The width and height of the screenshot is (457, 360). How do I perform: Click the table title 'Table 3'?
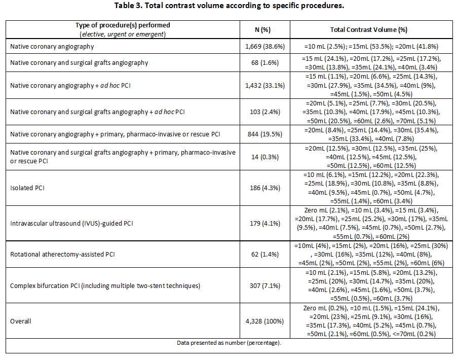tap(128, 6)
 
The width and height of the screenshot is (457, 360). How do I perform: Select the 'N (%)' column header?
tap(262, 30)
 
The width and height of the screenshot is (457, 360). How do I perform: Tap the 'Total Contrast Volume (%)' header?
tap(369, 30)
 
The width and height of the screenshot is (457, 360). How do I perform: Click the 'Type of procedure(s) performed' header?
tap(123, 25)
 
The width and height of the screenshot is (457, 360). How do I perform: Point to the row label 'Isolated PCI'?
tap(27, 188)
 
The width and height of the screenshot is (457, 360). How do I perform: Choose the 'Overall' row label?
tap(20, 321)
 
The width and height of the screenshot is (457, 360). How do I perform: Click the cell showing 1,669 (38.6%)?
tap(265, 46)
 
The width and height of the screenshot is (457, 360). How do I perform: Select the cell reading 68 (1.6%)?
tap(265, 63)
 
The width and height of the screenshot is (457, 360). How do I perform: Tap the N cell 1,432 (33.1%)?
tap(265, 86)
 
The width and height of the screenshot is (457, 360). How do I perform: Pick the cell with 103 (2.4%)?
tap(265, 112)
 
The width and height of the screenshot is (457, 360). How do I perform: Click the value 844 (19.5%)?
tap(265, 134)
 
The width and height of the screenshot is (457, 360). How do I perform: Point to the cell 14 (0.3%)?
tap(265, 157)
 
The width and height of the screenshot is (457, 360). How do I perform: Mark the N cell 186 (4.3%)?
tap(265, 188)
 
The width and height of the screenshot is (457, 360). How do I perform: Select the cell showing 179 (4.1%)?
tap(265, 224)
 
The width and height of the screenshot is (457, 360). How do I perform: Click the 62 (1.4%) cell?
tap(265, 255)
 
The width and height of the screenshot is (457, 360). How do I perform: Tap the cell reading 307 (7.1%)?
tap(265, 285)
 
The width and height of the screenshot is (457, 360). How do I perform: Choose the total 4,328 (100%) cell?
tap(264, 321)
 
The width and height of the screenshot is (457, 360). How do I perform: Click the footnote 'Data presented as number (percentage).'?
tap(229, 343)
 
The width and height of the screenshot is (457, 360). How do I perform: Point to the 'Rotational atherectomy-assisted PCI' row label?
tap(63, 255)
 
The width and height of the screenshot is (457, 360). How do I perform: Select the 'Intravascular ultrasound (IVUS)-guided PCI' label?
tap(72, 224)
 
